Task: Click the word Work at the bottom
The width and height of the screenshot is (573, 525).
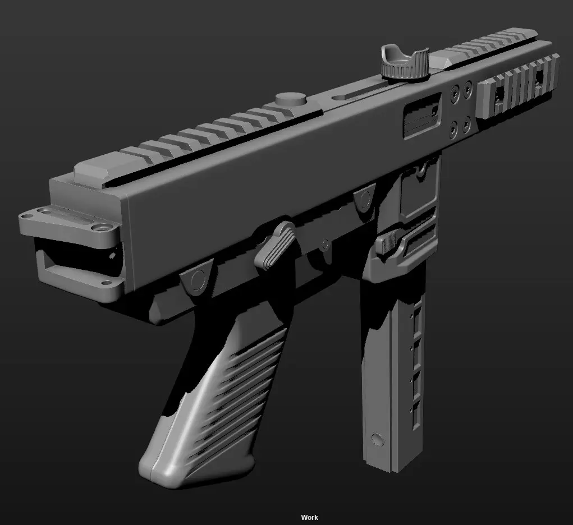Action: tap(309, 517)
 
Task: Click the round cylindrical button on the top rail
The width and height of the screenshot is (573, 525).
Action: tap(291, 98)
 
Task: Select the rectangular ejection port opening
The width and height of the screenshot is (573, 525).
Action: tap(423, 116)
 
